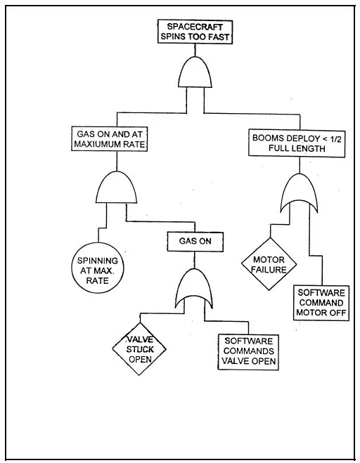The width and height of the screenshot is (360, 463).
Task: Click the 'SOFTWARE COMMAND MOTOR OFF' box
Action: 321,303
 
